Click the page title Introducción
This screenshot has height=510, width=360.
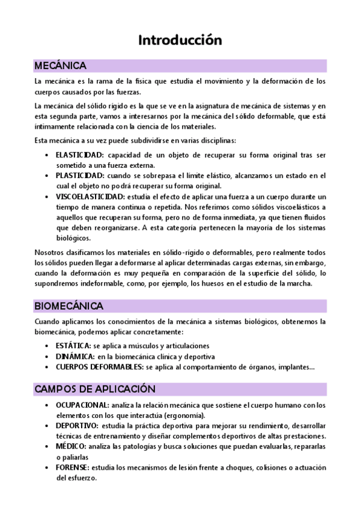click(180, 40)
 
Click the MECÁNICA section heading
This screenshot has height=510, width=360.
click(60, 65)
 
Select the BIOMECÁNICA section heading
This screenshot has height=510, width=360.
click(69, 306)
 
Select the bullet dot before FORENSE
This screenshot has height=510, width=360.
click(47, 468)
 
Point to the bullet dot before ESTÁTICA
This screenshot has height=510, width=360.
click(47, 346)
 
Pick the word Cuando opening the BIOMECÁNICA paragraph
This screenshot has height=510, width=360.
click(47, 322)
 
